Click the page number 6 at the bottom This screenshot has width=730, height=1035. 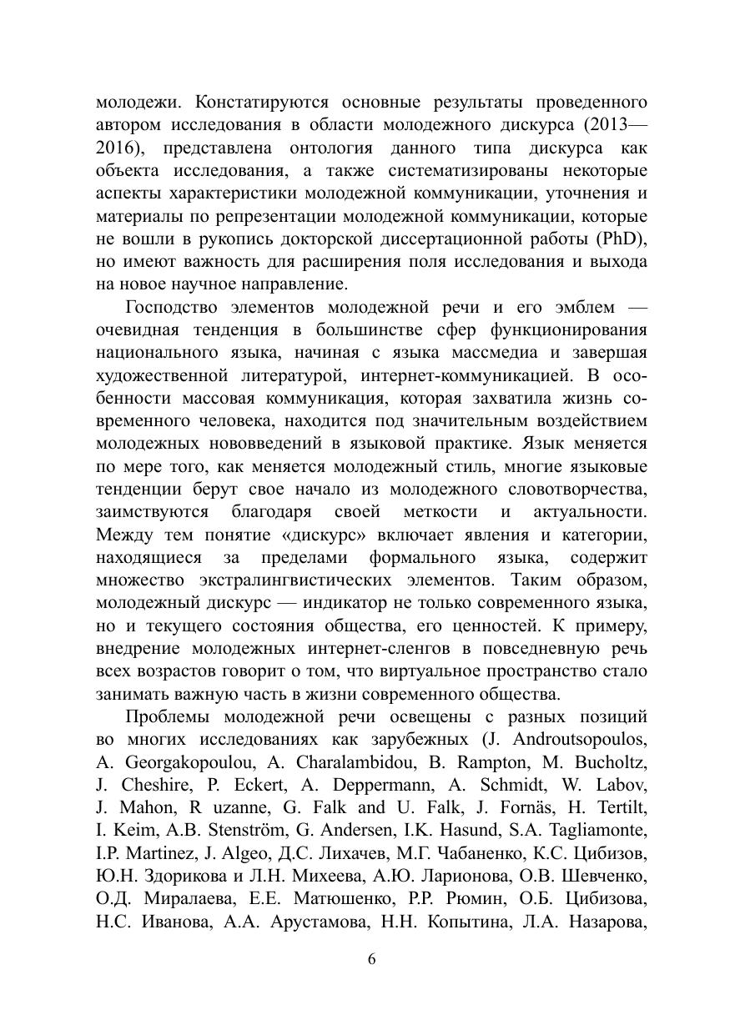[372, 959]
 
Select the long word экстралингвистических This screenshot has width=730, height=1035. [318, 579]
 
